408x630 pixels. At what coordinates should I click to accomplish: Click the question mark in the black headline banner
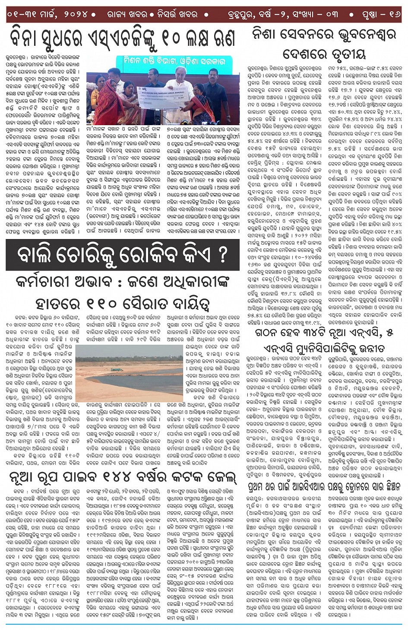222,255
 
